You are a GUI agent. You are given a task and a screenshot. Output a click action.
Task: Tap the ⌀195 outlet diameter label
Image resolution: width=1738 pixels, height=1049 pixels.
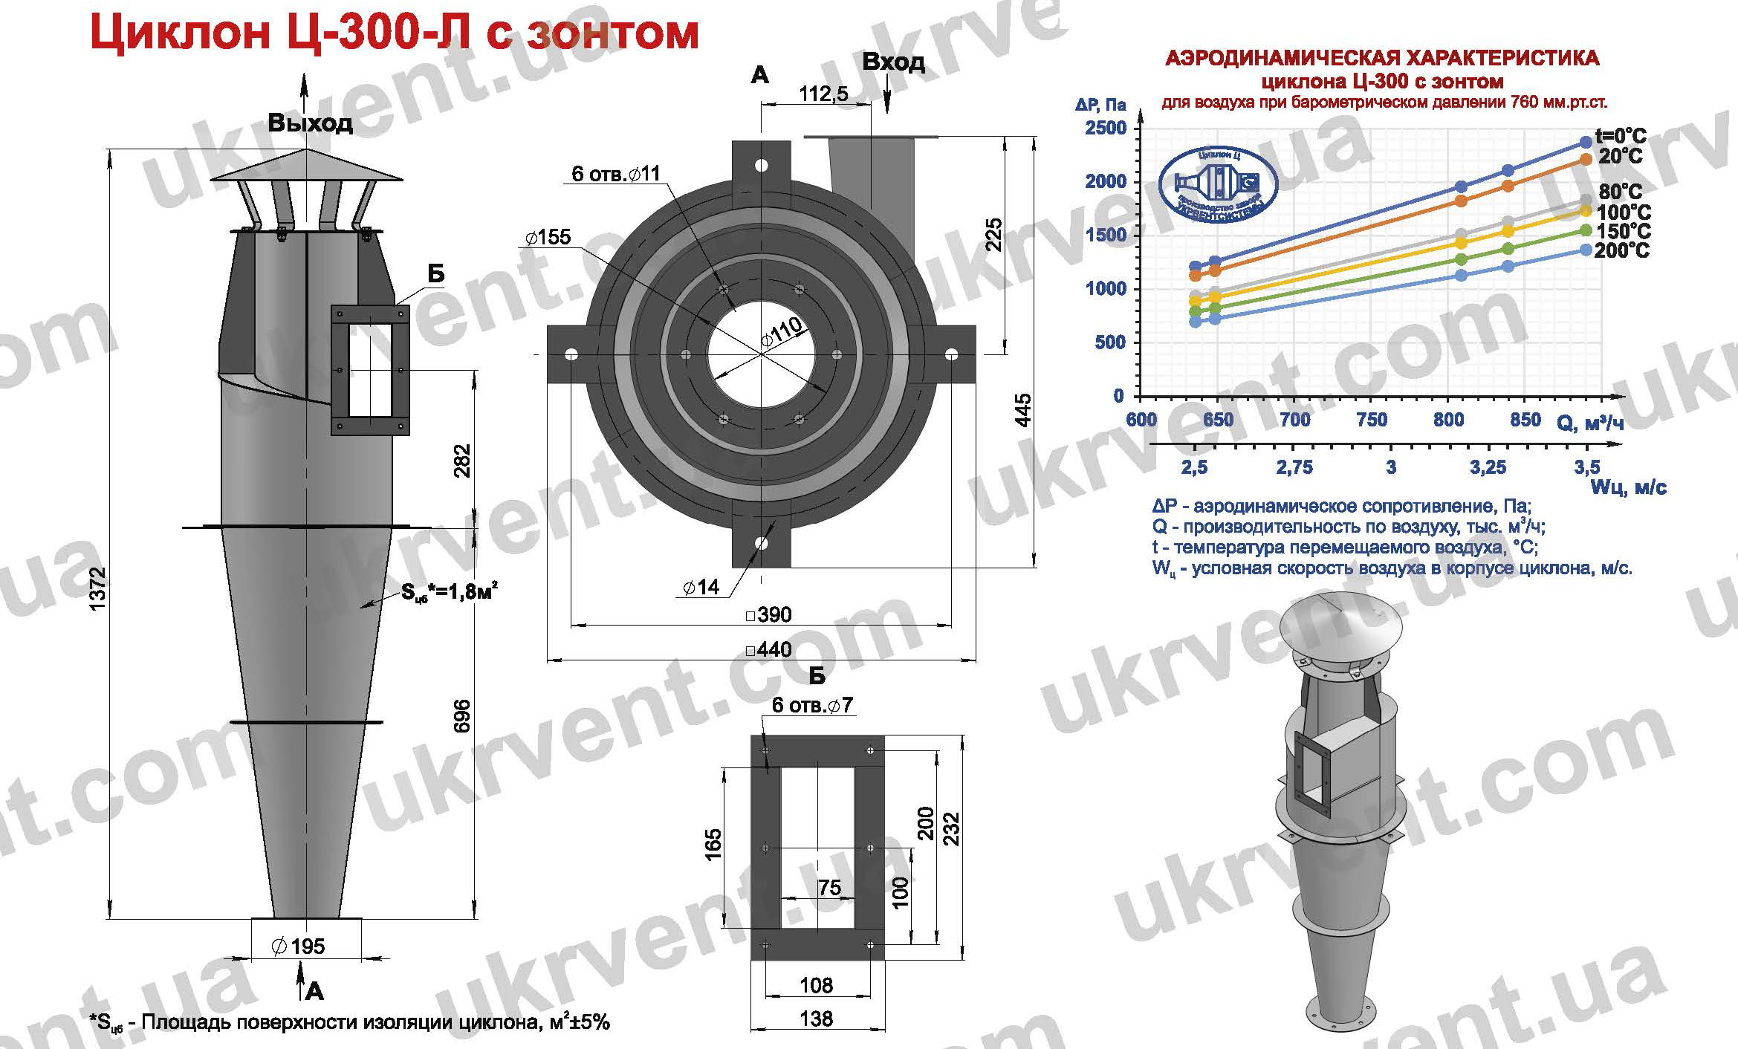tap(299, 946)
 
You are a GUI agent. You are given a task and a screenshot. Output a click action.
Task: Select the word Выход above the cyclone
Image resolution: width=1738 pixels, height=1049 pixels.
tap(310, 123)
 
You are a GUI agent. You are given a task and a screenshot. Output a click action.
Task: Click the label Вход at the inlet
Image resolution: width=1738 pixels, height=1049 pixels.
tap(894, 62)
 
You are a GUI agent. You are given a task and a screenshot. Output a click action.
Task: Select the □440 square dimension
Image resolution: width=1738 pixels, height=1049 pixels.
tap(768, 649)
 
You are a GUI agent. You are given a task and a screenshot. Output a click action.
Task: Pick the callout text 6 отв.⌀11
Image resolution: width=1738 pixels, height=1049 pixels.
tap(615, 174)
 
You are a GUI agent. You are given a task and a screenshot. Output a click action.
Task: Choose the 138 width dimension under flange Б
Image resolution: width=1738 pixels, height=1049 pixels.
tap(817, 1018)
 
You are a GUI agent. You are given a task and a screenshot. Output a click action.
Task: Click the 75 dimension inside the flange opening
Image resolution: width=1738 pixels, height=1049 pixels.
tap(829, 888)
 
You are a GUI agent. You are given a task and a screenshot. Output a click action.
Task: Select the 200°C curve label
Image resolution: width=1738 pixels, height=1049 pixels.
tap(1621, 251)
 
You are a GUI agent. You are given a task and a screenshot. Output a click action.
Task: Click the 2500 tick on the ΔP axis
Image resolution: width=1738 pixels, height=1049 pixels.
tap(1106, 128)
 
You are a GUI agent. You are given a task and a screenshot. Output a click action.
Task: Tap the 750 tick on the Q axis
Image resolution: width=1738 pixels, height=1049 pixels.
tap(1372, 420)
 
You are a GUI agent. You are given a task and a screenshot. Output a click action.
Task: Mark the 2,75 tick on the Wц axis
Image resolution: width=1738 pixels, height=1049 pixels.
tap(1294, 467)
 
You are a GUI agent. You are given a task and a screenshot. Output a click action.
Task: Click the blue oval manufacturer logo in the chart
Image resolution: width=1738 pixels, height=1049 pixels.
tap(1218, 186)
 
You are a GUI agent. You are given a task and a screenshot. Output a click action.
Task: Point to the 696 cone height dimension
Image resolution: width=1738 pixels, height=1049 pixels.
tap(462, 715)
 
